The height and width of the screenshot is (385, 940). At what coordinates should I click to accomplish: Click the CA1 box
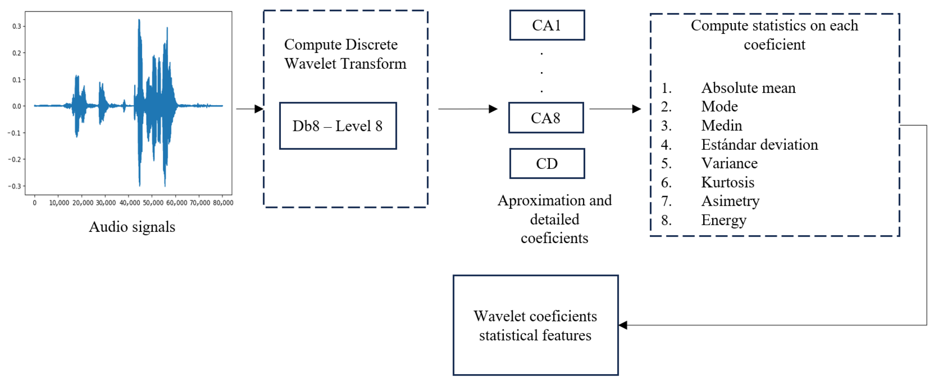(x=547, y=25)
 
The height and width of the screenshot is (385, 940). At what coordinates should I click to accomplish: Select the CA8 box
(x=546, y=118)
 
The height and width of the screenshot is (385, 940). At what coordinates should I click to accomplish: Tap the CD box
(x=547, y=164)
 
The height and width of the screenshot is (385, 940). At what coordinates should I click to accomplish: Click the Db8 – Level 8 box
(x=338, y=126)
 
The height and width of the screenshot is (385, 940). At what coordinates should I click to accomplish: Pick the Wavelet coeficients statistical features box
(x=535, y=325)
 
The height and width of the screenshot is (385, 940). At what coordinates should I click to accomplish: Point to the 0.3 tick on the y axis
(x=17, y=26)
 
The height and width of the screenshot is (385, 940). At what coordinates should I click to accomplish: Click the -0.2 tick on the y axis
(x=15, y=159)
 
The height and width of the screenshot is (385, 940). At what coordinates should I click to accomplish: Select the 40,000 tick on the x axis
(x=129, y=203)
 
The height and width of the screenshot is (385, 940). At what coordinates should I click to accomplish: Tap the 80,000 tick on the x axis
(x=223, y=203)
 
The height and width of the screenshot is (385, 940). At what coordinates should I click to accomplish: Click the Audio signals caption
(x=132, y=227)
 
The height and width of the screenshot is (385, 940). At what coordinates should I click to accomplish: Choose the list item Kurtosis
(x=727, y=182)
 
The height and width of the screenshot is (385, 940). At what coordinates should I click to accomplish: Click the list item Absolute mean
(x=748, y=88)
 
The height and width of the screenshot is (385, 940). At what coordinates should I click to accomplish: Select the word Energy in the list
(x=724, y=220)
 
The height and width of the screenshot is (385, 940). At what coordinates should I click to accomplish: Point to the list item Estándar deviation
(x=759, y=145)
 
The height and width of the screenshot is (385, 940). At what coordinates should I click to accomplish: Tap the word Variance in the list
(x=729, y=163)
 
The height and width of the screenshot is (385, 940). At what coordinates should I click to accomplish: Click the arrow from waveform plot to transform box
(x=250, y=109)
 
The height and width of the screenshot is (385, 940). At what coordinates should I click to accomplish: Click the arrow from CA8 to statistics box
(x=615, y=109)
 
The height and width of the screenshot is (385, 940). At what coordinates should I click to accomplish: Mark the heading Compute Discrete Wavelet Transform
(x=345, y=54)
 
